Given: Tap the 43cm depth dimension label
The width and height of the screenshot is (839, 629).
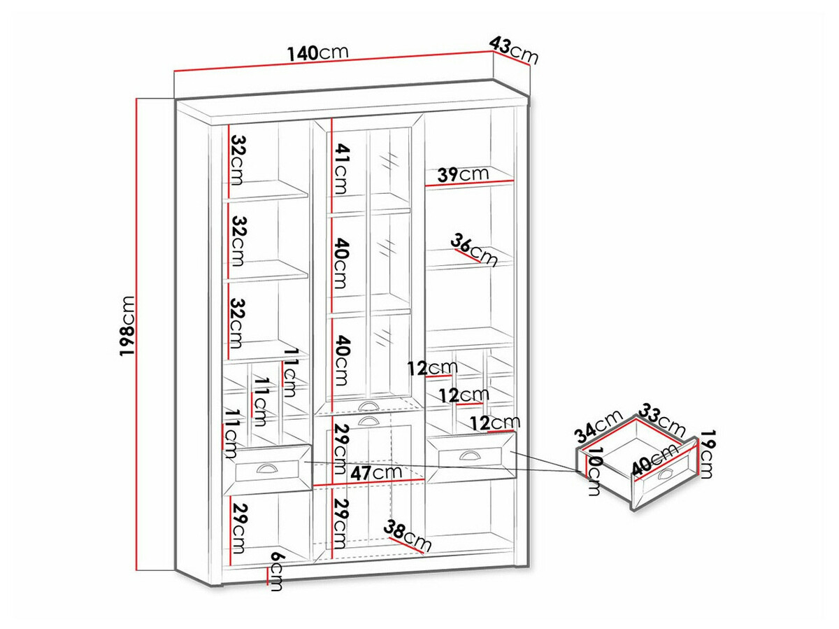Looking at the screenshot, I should pyautogui.click(x=515, y=50).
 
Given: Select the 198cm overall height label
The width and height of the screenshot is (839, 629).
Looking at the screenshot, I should pyautogui.click(x=128, y=325).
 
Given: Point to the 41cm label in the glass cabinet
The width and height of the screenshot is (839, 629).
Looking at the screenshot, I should pyautogui.click(x=340, y=169).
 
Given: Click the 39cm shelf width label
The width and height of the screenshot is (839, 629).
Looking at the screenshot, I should pyautogui.click(x=462, y=174).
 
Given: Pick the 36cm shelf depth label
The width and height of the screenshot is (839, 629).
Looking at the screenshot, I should pyautogui.click(x=474, y=250).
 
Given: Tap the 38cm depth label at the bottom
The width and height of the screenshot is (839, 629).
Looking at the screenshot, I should pyautogui.click(x=408, y=536).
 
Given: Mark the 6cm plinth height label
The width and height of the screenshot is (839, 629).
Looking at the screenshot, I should pyautogui.click(x=277, y=570).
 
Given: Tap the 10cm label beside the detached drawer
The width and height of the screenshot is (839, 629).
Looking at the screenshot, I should pyautogui.click(x=594, y=474).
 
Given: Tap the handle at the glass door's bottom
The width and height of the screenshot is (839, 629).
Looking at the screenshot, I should pyautogui.click(x=366, y=407).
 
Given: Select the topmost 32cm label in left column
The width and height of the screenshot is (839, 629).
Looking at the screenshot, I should pyautogui.click(x=236, y=159).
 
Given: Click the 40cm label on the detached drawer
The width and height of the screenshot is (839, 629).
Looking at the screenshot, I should pyautogui.click(x=649, y=461).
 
